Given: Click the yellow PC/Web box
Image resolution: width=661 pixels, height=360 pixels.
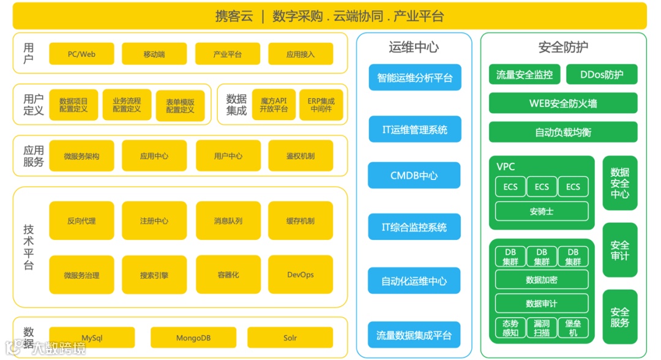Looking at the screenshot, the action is [x=81, y=54].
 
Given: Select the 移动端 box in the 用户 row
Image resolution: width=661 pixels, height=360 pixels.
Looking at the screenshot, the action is [x=154, y=54].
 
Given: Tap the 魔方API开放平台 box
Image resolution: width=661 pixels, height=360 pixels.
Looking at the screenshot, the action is [x=273, y=105].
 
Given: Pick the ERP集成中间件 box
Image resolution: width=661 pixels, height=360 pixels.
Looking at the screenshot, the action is [x=321, y=105].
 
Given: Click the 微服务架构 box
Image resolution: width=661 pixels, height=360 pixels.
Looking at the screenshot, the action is [x=81, y=156].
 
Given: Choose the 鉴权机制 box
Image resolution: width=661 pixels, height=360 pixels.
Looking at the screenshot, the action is [x=300, y=156].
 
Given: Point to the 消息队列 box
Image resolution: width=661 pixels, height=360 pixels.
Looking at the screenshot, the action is [x=228, y=220].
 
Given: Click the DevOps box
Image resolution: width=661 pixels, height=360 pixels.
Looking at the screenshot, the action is [x=300, y=275].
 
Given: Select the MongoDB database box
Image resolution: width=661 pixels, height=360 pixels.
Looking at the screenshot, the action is [x=193, y=337].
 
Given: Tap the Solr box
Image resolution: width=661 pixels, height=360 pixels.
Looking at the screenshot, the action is [x=290, y=337].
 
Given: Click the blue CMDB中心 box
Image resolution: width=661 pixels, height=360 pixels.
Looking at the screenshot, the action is [x=414, y=176].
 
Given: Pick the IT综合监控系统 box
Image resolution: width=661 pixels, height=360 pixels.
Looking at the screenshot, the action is [x=414, y=227].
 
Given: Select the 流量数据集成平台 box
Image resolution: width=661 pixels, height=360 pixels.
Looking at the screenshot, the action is [x=414, y=336].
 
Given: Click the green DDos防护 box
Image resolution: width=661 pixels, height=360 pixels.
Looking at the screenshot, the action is [x=601, y=75].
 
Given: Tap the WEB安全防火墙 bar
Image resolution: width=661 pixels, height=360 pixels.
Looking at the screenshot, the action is [x=563, y=103].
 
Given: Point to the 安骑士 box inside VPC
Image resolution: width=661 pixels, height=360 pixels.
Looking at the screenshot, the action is [x=541, y=212].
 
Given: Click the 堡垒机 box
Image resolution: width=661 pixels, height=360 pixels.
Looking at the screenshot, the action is [x=573, y=328].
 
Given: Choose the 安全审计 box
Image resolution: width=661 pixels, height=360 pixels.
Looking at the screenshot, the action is [x=619, y=250].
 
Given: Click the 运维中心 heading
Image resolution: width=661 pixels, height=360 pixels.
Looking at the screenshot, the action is [x=414, y=47].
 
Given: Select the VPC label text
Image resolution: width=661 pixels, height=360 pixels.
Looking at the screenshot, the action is [x=506, y=167].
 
